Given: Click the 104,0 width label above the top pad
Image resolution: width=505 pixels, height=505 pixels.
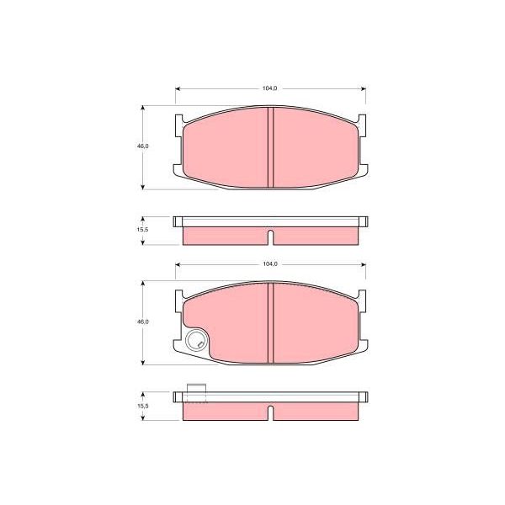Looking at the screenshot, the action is (x=269, y=88).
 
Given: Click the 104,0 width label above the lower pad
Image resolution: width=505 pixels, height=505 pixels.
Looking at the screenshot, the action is (x=270, y=263).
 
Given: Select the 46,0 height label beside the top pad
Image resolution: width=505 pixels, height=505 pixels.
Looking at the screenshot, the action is (x=143, y=146).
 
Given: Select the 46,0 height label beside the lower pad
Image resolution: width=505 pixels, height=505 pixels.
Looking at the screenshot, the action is (x=143, y=322).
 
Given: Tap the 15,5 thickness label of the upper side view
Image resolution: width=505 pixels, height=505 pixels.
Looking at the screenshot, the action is (x=143, y=230).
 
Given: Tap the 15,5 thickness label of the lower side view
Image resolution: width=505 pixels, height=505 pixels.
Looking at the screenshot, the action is (x=143, y=407).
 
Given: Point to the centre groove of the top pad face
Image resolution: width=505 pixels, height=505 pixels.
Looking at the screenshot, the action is (x=270, y=147).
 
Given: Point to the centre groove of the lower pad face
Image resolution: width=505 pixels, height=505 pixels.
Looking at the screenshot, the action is (x=270, y=322).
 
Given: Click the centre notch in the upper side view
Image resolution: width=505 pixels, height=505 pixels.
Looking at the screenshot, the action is (x=270, y=237).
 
